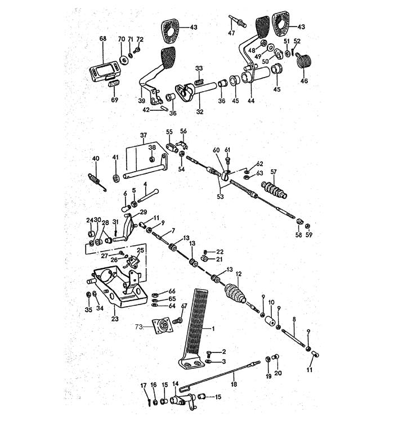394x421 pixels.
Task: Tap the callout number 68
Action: click(x=103, y=38)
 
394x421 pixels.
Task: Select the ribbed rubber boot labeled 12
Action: click(x=235, y=293)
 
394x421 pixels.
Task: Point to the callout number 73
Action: click(x=138, y=327)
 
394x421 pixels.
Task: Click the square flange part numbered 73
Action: click(x=163, y=325)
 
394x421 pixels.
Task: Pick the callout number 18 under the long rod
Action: click(x=234, y=384)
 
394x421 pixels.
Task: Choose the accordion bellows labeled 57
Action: click(x=274, y=190)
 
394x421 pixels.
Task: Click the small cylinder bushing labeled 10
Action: click(x=271, y=320)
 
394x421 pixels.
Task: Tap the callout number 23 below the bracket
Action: click(x=115, y=319)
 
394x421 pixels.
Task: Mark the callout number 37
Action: click(x=144, y=135)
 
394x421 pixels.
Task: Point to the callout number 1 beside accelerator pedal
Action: click(x=213, y=328)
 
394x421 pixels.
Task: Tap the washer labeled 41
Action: click(x=116, y=178)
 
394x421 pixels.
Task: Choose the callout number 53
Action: click(x=220, y=196)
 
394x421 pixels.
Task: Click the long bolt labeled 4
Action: click(x=148, y=196)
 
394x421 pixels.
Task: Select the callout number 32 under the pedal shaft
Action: click(x=200, y=111)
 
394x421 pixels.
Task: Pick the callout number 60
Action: click(x=216, y=150)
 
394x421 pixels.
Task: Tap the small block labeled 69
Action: click(x=114, y=84)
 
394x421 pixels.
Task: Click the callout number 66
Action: click(x=172, y=291)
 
